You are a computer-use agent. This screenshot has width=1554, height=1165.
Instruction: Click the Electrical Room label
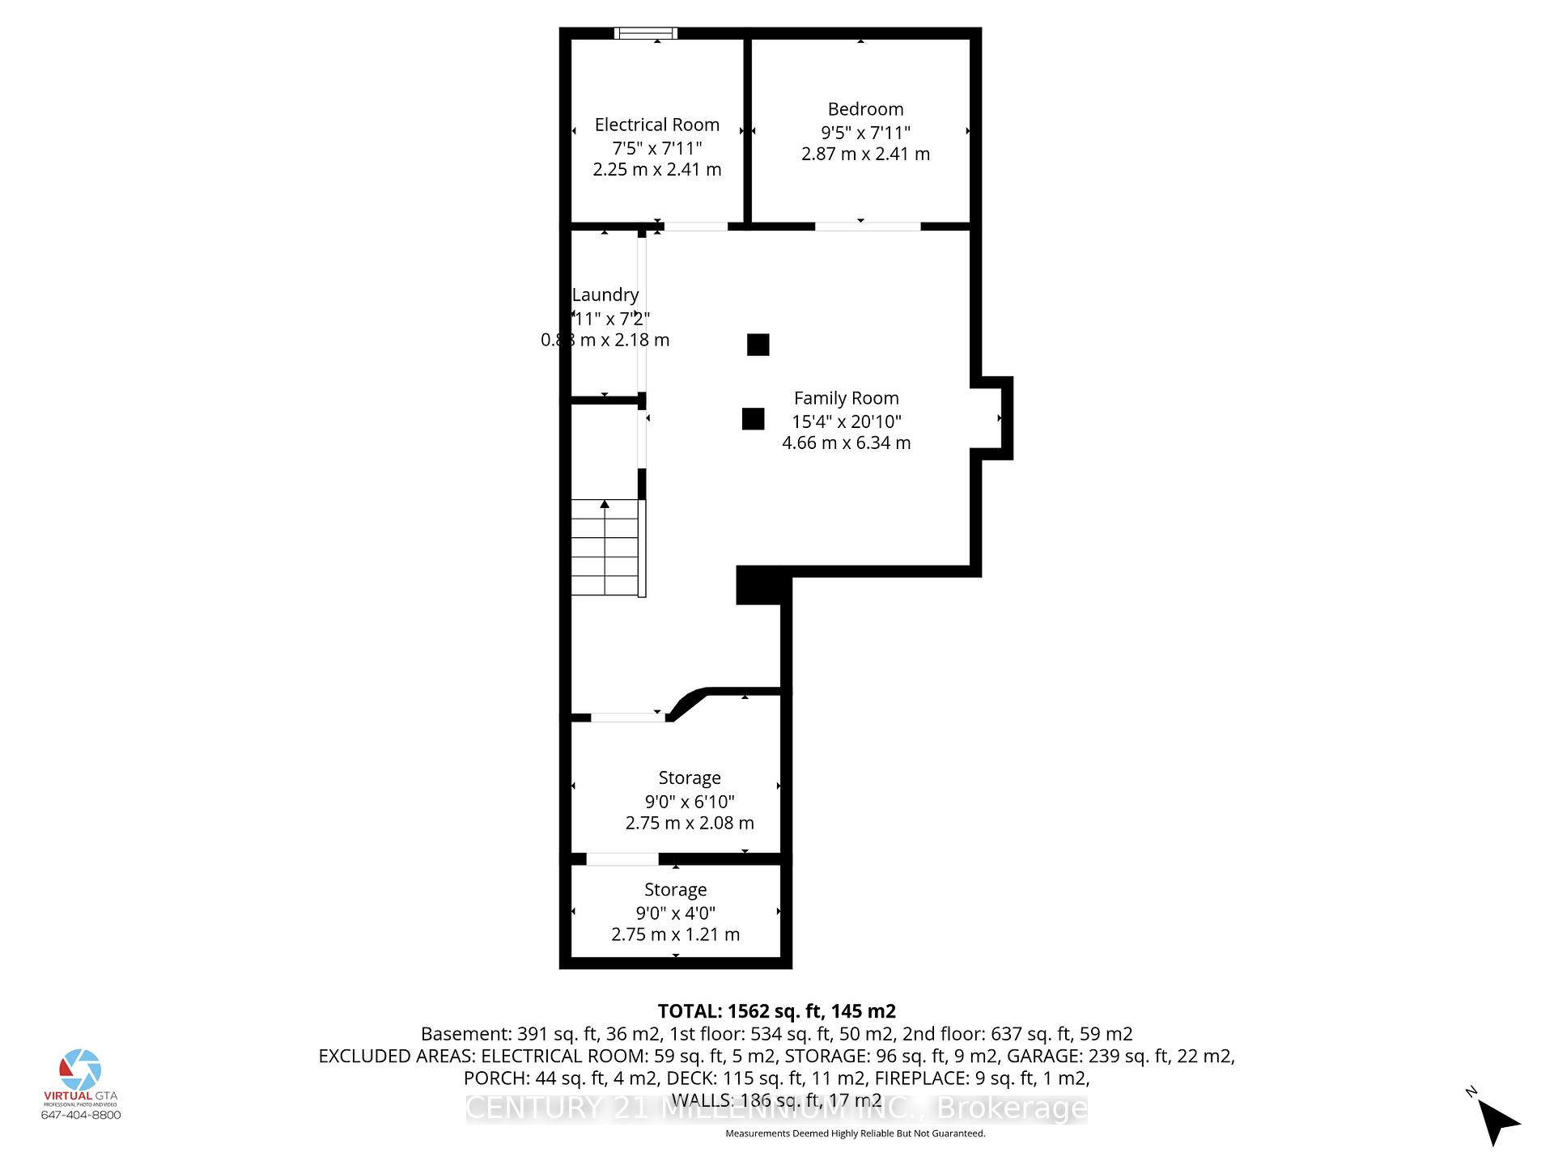coord(656,125)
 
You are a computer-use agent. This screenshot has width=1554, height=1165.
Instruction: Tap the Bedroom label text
coord(865,109)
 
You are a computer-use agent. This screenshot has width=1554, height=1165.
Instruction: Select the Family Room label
coord(846,398)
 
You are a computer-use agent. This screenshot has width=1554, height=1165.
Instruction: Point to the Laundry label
coord(605,295)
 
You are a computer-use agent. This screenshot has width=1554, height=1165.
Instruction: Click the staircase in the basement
coord(606,548)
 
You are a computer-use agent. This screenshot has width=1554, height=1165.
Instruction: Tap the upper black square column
coord(758,345)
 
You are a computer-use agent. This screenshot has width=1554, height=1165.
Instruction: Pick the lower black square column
coord(753,419)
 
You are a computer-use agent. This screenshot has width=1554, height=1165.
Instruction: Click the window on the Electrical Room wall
coord(645,33)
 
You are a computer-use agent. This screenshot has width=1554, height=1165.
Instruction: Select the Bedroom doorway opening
coord(867,227)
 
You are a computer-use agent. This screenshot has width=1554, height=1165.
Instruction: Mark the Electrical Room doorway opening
coord(695,227)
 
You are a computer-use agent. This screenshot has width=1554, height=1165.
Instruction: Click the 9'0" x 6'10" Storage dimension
coord(690,802)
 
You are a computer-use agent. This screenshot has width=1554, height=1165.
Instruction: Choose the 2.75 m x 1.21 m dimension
coord(675,934)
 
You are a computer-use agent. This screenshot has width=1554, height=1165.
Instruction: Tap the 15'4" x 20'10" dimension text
coord(846,422)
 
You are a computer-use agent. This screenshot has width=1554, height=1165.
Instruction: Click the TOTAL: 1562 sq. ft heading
coord(776,1011)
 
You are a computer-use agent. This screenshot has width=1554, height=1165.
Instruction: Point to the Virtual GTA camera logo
coord(80,1070)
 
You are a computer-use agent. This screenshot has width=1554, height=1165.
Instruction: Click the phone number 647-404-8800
coord(81,1115)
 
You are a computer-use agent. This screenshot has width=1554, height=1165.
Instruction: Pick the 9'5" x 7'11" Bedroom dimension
coord(865,132)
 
